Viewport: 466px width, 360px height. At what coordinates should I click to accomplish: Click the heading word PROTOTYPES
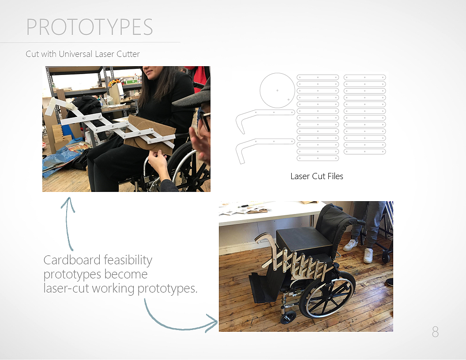[90, 27]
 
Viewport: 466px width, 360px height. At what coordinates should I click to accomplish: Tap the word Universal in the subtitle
[75, 54]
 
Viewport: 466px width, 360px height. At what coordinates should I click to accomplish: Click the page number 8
[435, 332]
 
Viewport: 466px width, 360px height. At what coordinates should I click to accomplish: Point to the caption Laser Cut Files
[317, 176]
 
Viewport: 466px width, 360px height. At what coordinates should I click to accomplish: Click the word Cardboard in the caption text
[71, 260]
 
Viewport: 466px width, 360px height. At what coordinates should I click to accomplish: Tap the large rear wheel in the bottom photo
[327, 294]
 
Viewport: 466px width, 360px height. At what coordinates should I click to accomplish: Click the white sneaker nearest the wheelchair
[350, 245]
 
